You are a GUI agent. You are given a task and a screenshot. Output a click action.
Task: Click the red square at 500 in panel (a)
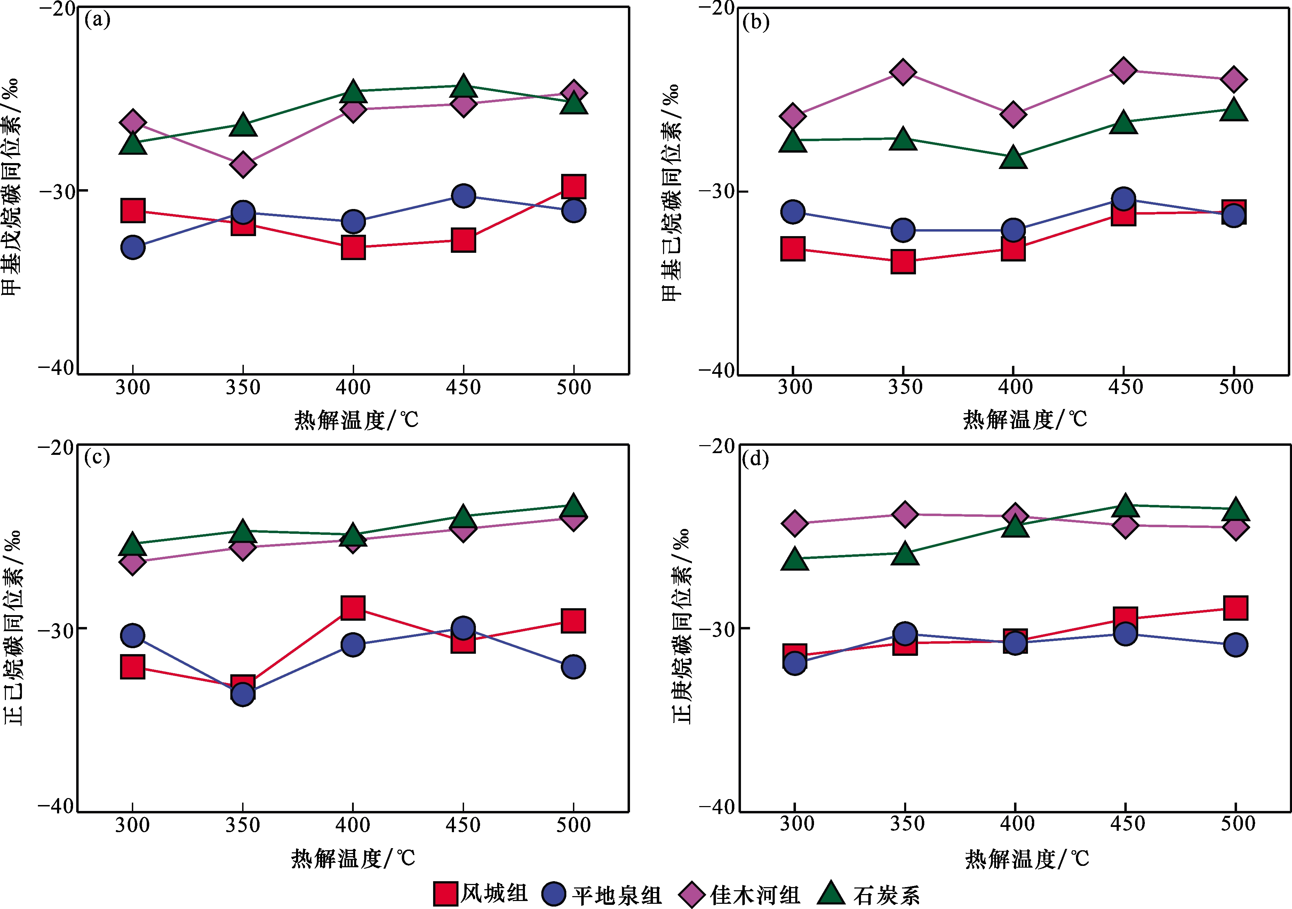[573, 187]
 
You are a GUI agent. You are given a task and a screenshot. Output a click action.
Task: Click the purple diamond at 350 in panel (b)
[903, 72]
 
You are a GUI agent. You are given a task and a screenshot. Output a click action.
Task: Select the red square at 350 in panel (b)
[903, 262]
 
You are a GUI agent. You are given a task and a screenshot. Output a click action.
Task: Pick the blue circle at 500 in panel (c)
[573, 667]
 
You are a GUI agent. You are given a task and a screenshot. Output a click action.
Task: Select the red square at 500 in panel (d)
[1236, 608]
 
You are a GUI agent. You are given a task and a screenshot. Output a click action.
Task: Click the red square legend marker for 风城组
[445, 894]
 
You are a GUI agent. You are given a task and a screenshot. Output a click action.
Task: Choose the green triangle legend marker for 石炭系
[831, 894]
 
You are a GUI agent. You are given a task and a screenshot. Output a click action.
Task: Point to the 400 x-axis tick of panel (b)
[1015, 387]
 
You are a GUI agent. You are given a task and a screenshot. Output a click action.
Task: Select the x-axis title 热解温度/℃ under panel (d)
[1026, 859]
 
